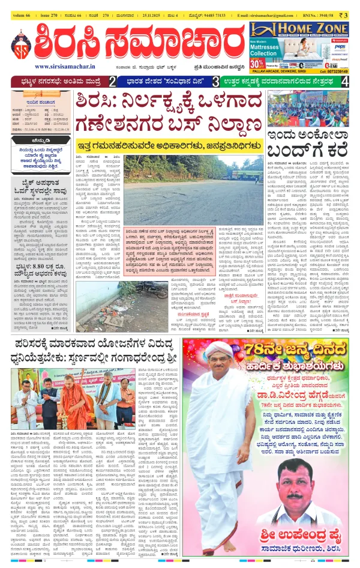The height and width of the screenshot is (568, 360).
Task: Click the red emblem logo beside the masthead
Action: [21, 43]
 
